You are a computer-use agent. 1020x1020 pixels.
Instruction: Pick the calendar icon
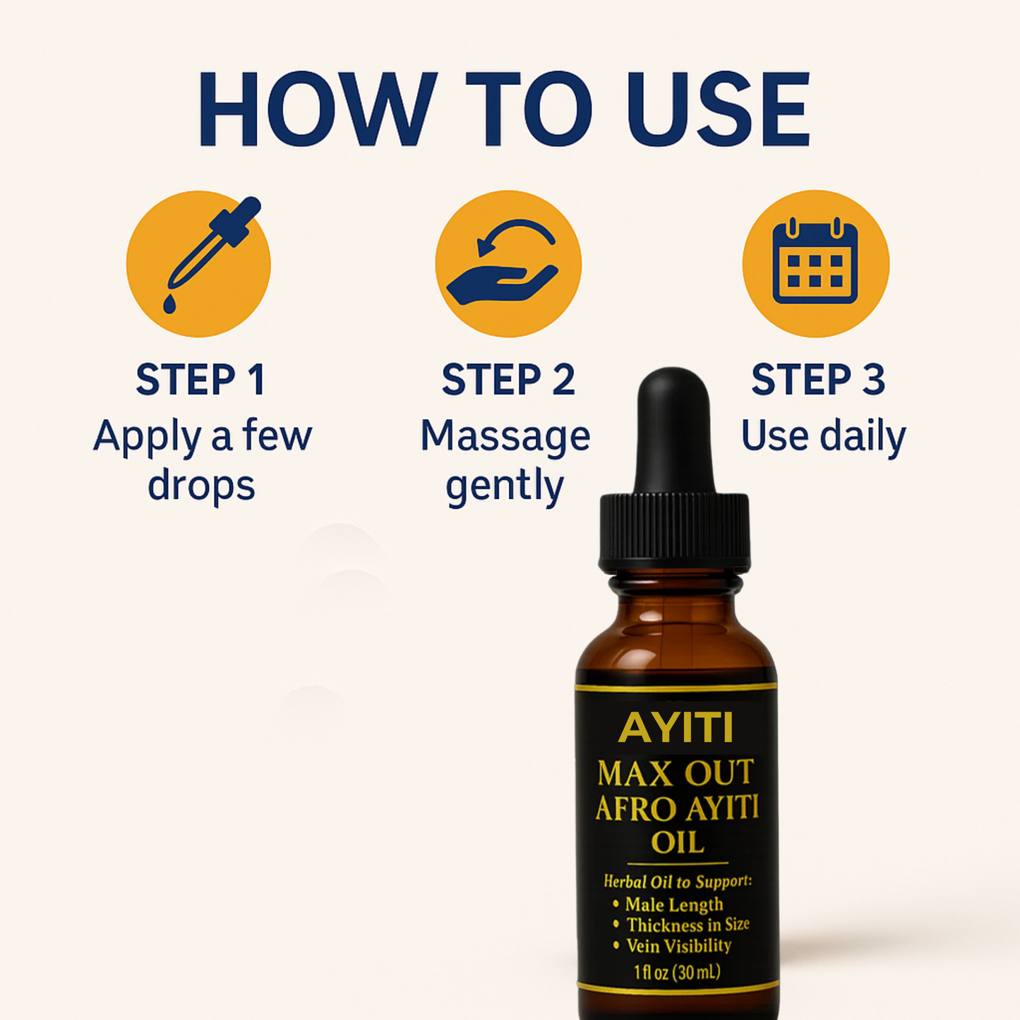[815, 263]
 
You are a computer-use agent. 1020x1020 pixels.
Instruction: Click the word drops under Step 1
[201, 486]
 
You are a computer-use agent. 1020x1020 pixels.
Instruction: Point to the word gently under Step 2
[505, 487]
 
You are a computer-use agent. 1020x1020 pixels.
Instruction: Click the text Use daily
[823, 436]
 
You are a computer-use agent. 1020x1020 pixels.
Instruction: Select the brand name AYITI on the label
[676, 728]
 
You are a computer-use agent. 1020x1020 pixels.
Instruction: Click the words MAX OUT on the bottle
[676, 774]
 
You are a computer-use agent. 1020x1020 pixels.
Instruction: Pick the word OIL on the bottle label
[677, 843]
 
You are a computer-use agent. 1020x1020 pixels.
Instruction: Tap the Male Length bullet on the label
[673, 904]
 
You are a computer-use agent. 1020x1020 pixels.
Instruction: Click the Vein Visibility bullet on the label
[678, 946]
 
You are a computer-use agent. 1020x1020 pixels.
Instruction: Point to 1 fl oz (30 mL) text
[677, 972]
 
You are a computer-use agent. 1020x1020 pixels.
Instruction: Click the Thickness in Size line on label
[687, 925]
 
